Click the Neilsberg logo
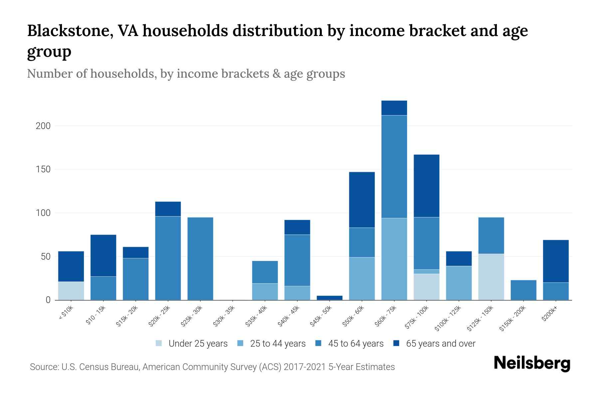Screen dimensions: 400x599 coord(532,363)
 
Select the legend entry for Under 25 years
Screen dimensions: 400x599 coord(192,344)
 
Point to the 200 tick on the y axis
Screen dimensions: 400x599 coord(43,126)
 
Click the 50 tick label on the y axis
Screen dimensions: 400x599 coord(46,257)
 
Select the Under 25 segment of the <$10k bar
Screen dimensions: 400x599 coord(71,291)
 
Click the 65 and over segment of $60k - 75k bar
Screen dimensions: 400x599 coord(394,108)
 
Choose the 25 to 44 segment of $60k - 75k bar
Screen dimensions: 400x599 coord(394,259)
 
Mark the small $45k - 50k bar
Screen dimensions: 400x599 coord(329,298)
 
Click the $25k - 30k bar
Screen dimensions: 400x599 coord(200,259)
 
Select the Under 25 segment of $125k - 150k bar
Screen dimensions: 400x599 coord(491,277)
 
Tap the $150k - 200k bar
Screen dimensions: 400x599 coord(523,290)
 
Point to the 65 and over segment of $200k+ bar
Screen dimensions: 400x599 coord(555,261)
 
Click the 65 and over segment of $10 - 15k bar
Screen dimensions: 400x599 coord(103,256)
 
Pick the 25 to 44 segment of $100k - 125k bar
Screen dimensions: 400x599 coord(459,283)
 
